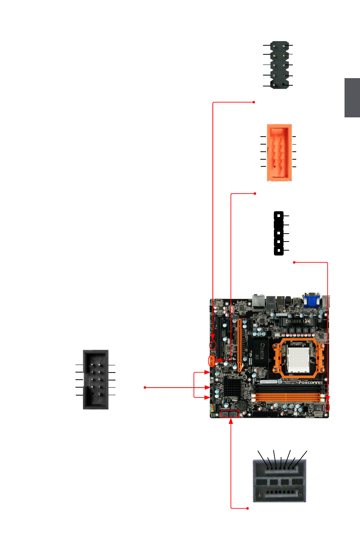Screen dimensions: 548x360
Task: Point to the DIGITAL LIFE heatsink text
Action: tap(298, 321)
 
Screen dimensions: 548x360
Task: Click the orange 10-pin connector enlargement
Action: tap(279, 152)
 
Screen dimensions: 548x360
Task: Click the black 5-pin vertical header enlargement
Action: tap(278, 233)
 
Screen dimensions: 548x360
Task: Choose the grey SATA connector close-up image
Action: tap(279, 480)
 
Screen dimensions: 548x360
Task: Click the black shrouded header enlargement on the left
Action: tap(96, 379)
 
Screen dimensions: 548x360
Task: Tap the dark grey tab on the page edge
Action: tap(352, 98)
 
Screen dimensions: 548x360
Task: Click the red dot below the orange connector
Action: tap(255, 194)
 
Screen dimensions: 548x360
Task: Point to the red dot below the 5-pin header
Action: tap(294, 262)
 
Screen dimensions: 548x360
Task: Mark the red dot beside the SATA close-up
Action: tap(248, 508)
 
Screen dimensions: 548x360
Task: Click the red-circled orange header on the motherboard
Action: tap(212, 361)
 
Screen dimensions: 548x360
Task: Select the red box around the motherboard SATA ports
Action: tap(230, 414)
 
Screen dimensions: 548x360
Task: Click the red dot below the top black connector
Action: tap(254, 102)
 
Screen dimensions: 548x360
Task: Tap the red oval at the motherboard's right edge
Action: tap(327, 407)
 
